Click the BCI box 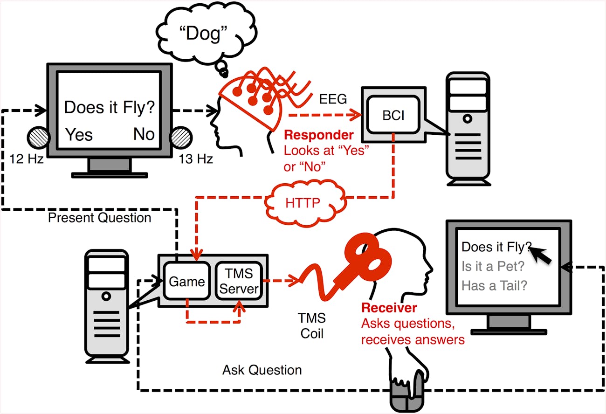tap(393, 115)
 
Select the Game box tap(186, 281)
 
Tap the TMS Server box tap(239, 281)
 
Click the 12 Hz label tap(26, 159)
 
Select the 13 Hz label tap(196, 159)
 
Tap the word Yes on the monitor tap(79, 134)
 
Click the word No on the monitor tap(144, 134)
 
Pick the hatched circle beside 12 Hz tap(38, 138)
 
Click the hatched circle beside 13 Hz tap(181, 138)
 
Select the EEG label tap(333, 99)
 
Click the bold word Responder tap(319, 135)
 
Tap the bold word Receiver tap(389, 308)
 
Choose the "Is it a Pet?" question tap(493, 266)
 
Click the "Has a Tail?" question tap(494, 285)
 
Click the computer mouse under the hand tap(407, 395)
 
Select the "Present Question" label tap(99, 218)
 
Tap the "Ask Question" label tap(262, 370)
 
